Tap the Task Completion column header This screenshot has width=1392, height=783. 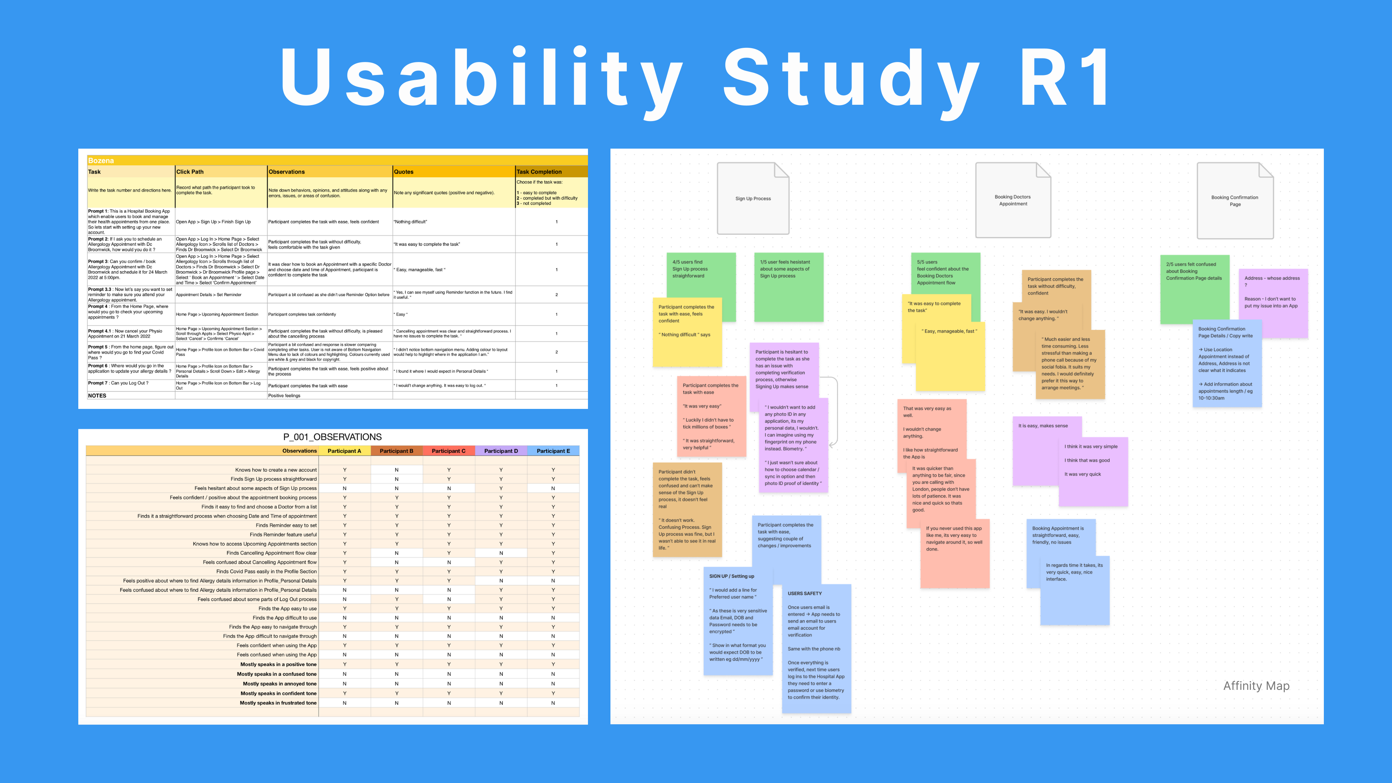[539, 172]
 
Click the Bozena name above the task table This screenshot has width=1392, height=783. [101, 161]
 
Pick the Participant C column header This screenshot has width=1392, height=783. [448, 451]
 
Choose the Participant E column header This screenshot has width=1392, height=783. [553, 451]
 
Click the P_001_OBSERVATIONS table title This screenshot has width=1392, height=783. [332, 436]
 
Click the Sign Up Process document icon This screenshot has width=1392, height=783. [753, 198]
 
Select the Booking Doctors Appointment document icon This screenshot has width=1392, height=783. [1013, 200]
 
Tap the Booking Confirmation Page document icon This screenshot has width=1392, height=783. [1235, 200]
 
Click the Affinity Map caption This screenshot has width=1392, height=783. [1256, 686]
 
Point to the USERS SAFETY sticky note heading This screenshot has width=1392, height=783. [805, 593]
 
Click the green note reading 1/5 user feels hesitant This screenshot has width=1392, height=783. [788, 286]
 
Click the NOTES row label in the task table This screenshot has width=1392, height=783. [97, 395]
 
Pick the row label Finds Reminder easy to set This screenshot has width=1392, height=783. [286, 525]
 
